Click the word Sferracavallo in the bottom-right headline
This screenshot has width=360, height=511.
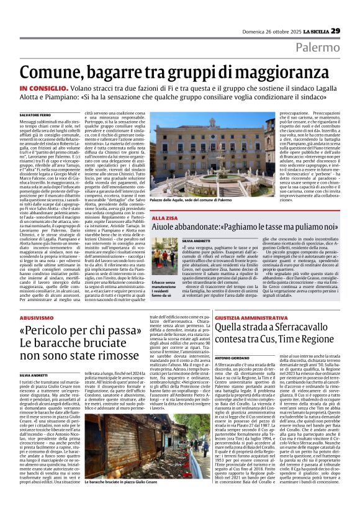pos(278,327)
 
